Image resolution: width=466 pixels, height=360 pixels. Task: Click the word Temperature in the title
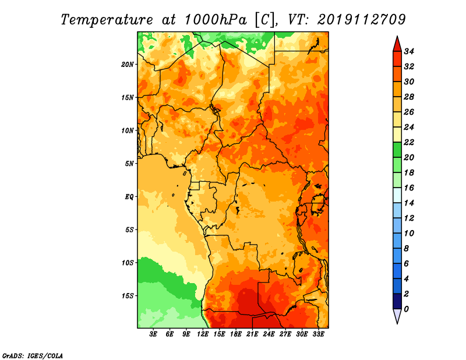107,20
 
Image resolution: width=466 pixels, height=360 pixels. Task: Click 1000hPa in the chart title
216,20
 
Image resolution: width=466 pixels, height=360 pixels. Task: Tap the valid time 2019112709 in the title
361,20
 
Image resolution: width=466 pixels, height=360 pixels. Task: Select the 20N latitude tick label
128,65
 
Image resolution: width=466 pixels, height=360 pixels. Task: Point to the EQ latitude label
129,197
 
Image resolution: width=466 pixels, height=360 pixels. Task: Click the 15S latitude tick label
128,296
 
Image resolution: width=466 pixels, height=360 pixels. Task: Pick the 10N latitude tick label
128,130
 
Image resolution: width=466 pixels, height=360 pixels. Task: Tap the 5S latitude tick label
129,230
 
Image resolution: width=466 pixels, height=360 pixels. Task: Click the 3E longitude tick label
153,334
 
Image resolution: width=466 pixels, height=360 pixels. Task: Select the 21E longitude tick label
252,334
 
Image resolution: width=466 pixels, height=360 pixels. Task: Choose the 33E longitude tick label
318,334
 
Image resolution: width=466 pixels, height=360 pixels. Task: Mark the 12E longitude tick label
203,334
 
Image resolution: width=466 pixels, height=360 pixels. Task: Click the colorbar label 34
409,51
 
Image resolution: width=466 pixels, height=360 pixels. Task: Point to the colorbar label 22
409,142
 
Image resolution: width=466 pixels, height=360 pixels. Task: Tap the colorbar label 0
406,309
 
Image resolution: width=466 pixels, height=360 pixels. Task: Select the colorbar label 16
409,188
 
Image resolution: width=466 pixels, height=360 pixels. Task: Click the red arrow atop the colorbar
397,44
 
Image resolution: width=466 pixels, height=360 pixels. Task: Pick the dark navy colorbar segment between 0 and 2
397,301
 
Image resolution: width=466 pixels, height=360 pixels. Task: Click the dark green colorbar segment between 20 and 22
397,150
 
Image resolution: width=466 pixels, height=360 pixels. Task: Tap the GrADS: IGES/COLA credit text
33,355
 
